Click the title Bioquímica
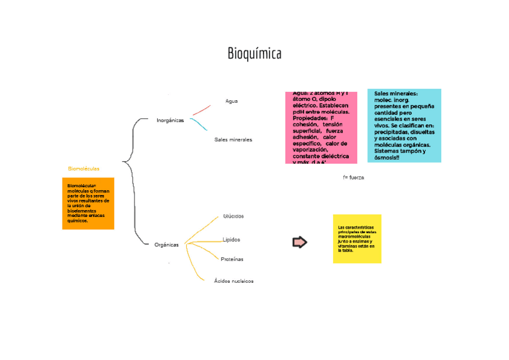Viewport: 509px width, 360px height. (254, 54)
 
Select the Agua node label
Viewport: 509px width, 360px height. (232, 101)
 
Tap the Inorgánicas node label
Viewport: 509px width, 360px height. (170, 121)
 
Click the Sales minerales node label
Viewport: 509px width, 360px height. (233, 139)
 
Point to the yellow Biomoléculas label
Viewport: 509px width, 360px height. (84, 169)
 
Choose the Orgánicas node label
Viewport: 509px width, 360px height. (166, 245)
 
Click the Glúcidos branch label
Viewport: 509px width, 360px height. (233, 216)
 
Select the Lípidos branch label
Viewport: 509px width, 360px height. (232, 240)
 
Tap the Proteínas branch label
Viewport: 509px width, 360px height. (232, 259)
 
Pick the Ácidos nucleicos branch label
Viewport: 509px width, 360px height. (234, 281)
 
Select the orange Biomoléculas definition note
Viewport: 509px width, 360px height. (88, 203)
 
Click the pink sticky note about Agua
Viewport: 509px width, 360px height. (321, 127)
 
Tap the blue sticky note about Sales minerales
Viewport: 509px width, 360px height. (404, 125)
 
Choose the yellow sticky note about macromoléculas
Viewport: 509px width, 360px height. (357, 239)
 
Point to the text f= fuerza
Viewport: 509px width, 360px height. (354, 178)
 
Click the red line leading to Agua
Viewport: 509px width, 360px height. (202, 110)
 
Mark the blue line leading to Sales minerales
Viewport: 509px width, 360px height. (199, 124)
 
